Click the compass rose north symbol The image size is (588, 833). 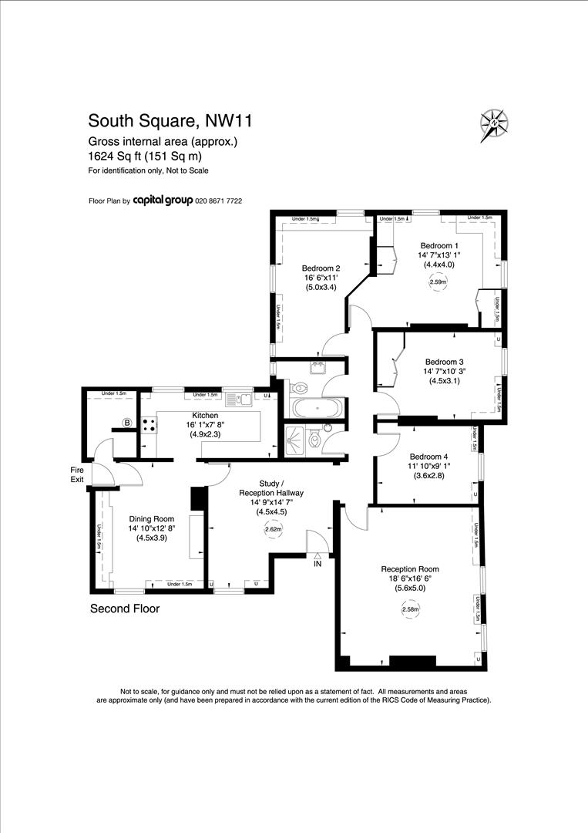pos(493,124)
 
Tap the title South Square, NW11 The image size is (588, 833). pos(170,121)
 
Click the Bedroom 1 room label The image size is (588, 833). pos(439,245)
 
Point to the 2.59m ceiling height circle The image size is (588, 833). pos(437,282)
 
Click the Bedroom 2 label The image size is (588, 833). pos(321,268)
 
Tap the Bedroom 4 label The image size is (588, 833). pos(428,456)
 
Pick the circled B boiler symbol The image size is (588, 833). pos(127,422)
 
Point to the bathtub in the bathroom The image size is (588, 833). pos(318,406)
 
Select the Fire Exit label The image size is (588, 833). pos(77,474)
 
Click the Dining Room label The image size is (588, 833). pos(152,519)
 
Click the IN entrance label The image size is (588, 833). pos(317,565)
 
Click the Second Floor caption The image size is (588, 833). pos(125,609)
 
